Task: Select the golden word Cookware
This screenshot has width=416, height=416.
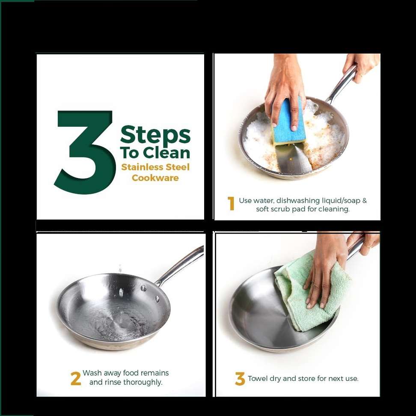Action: coord(155,178)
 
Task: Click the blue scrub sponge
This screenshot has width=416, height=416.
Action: coord(288,122)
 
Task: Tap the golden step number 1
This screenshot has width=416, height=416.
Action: coord(231,203)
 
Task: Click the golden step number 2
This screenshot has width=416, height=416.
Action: coord(76,379)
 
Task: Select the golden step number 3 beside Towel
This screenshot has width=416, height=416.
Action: coord(240,379)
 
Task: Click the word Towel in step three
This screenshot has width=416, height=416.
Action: coord(258,378)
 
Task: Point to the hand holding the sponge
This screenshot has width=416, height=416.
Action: coord(285,90)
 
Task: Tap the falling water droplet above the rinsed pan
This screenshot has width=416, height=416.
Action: coord(120,268)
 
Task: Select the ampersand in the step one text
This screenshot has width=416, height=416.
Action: coord(365,201)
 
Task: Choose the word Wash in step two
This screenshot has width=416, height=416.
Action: coord(92,373)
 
